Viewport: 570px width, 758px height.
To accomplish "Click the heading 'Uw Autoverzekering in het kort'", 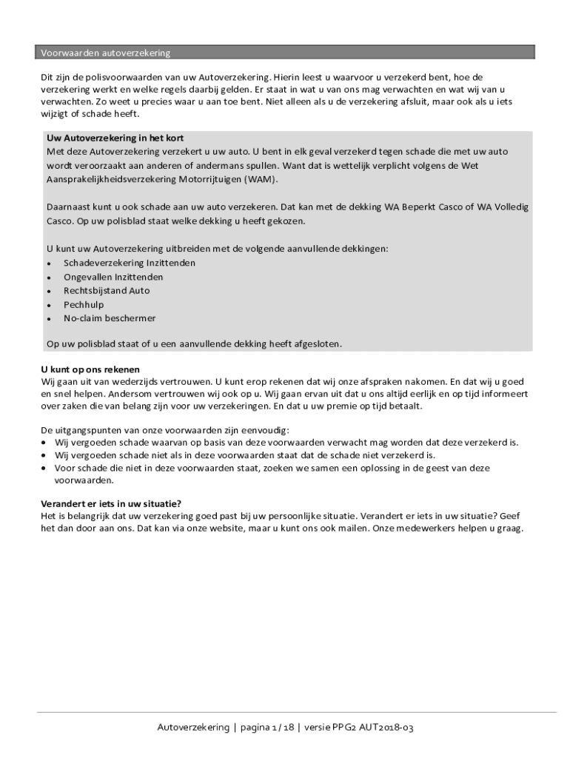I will coord(115,138).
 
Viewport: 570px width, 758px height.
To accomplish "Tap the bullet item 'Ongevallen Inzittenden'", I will coord(113,277).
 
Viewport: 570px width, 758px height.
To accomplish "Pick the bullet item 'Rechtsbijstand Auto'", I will coord(107,291).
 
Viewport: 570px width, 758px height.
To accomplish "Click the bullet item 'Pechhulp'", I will coord(84,304).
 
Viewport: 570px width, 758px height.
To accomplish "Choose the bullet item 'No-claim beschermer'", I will coord(110,318).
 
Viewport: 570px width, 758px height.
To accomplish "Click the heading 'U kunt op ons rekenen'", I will coord(90,369).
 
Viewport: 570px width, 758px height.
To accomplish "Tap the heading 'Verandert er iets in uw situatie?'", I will coord(111,503).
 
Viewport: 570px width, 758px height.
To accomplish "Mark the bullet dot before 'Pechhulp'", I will coord(49,305).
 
